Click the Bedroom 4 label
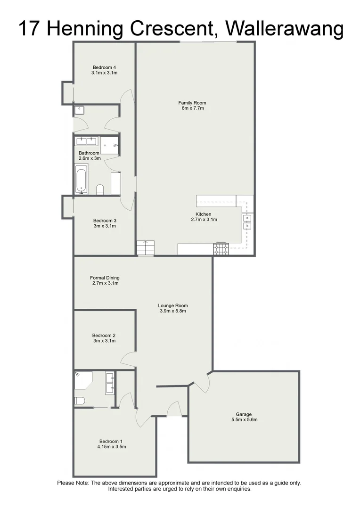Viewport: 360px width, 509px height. (x=105, y=67)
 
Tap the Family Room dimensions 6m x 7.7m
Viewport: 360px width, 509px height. (x=192, y=108)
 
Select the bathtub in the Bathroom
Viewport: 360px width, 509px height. (x=82, y=179)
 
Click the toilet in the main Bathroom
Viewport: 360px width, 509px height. (x=100, y=189)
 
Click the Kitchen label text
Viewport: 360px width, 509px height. (x=204, y=214)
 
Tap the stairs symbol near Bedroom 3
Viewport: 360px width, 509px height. (x=146, y=247)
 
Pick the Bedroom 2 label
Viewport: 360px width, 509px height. (x=104, y=336)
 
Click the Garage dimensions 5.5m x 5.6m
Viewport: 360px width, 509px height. (x=244, y=419)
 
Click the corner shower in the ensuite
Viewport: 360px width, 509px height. (x=83, y=379)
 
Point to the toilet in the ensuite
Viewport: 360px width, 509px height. (x=79, y=401)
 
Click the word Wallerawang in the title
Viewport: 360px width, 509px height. (x=284, y=29)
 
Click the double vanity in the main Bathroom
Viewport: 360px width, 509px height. (x=86, y=141)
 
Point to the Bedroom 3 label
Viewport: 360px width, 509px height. (x=105, y=220)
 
